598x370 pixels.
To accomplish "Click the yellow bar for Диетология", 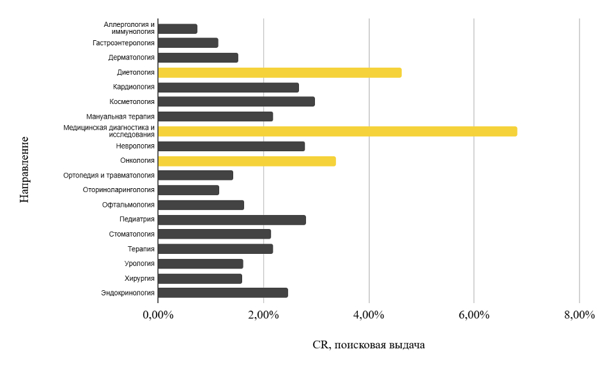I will point(279,73).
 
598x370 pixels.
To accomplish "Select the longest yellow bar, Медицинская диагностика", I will point(337,131).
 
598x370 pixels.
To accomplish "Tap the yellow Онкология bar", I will point(247,161).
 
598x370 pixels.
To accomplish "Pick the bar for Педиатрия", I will point(231,220).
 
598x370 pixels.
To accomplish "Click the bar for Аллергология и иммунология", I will point(178,29).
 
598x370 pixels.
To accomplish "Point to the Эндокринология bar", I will point(222,293).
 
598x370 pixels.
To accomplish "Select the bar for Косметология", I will point(236,101).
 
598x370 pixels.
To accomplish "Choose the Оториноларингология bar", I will point(188,190).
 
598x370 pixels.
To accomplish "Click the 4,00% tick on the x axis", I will point(369,315).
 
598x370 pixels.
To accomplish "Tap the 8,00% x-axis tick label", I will point(579,315).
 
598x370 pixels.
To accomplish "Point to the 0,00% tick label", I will point(158,315).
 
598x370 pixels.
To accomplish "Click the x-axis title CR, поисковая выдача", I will point(369,345).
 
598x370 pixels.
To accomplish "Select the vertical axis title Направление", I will point(24,168).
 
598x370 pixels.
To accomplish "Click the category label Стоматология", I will point(132,234).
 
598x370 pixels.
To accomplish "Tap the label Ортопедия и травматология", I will point(109,175).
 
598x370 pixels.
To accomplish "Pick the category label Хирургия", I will point(139,278).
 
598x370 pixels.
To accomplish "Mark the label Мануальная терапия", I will point(121,117).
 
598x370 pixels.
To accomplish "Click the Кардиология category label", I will point(134,87).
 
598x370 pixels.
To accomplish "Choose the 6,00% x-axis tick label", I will point(473,315).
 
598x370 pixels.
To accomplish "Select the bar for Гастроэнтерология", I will point(188,43).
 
